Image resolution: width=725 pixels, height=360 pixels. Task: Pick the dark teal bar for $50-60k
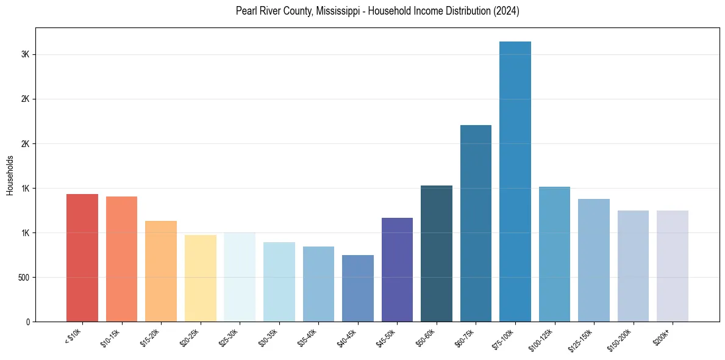point(437,253)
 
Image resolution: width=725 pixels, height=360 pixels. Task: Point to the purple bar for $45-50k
point(397,270)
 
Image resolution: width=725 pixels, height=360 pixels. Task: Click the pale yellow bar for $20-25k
point(201,278)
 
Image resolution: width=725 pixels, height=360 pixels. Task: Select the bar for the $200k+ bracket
point(673,266)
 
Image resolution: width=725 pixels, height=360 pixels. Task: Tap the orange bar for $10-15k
point(121,259)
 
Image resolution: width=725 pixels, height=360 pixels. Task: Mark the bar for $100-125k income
point(554,254)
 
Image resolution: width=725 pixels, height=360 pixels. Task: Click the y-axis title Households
point(10,175)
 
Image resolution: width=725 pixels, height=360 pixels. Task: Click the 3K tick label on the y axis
point(25,55)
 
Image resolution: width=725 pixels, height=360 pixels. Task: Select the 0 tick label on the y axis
point(27,322)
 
